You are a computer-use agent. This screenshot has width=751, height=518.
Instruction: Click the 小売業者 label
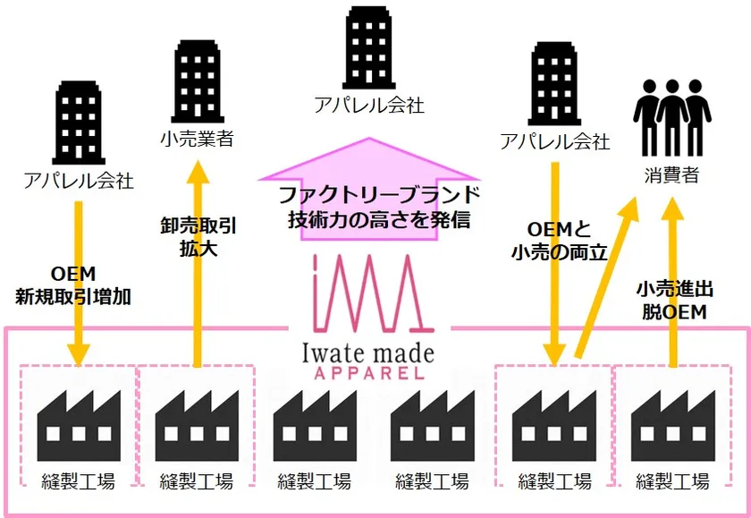pyautogui.click(x=197, y=139)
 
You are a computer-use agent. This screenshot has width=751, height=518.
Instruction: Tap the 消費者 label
pyautogui.click(x=671, y=174)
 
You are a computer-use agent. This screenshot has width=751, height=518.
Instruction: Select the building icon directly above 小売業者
pyautogui.click(x=198, y=81)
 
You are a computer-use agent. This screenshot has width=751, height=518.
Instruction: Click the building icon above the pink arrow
pyautogui.click(x=368, y=47)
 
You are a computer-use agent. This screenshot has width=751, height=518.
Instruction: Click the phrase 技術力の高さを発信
pyautogui.click(x=379, y=219)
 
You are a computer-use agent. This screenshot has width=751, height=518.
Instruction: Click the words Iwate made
pyautogui.click(x=368, y=353)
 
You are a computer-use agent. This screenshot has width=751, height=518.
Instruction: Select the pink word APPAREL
pyautogui.click(x=368, y=373)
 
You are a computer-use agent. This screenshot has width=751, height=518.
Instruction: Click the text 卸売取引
pyautogui.click(x=198, y=226)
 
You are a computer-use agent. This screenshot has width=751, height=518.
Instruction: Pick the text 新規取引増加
pyautogui.click(x=72, y=297)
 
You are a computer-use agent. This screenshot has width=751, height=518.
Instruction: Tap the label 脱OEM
pyautogui.click(x=674, y=312)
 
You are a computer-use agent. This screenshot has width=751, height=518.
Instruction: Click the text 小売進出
pyautogui.click(x=674, y=290)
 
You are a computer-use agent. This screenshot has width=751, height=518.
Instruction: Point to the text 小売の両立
pyautogui.click(x=559, y=252)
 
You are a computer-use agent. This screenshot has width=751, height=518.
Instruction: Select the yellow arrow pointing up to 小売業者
pyautogui.click(x=198, y=264)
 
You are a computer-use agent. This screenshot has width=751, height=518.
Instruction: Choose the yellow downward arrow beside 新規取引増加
pyautogui.click(x=79, y=284)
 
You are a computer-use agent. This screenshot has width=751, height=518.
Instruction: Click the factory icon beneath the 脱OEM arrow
pyautogui.click(x=673, y=426)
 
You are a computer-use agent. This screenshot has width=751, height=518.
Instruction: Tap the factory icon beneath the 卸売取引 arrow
pyautogui.click(x=197, y=426)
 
